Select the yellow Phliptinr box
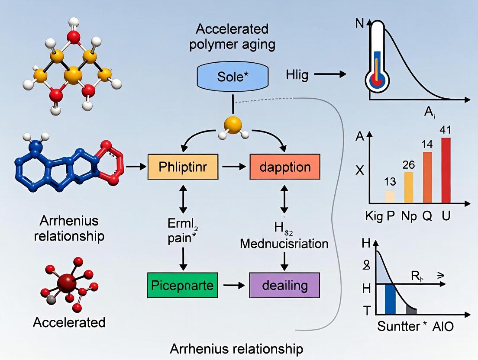point(183,167)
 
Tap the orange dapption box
point(284,167)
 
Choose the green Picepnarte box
point(182,286)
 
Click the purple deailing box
point(284,286)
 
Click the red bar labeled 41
point(446,170)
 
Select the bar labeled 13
point(390,196)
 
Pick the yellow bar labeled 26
point(409,187)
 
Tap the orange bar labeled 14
point(427,177)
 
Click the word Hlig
point(297,75)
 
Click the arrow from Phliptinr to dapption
point(234,167)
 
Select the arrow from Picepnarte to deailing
point(234,286)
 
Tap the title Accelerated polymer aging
point(232,37)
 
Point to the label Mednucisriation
point(284,244)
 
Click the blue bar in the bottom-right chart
point(390,299)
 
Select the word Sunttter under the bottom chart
point(399,326)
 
